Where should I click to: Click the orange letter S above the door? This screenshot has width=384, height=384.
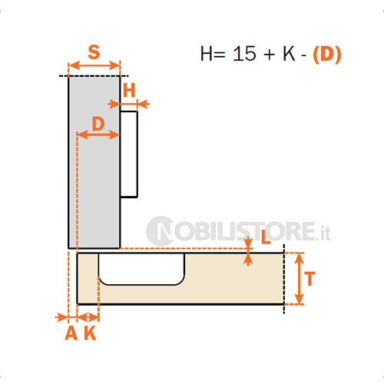(94, 52)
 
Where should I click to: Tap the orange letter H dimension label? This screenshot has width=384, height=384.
(129, 91)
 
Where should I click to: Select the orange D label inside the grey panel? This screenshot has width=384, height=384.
(98, 124)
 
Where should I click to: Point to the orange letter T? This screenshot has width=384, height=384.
(310, 279)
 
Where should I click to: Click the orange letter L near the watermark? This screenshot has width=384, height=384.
(266, 237)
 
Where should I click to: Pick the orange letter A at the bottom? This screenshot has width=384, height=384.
(71, 333)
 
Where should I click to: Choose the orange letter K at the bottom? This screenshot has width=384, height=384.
(90, 333)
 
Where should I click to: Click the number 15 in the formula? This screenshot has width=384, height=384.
(244, 54)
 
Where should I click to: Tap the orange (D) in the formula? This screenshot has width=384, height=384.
(327, 54)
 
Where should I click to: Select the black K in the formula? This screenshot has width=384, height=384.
(289, 54)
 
